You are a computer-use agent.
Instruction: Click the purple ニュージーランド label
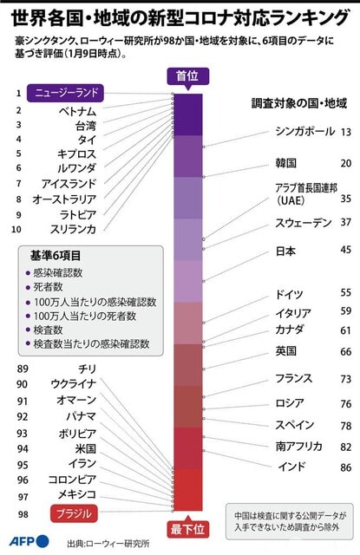click(65, 93)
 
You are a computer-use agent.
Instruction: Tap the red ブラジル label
click(74, 513)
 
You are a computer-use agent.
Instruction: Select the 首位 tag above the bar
click(187, 75)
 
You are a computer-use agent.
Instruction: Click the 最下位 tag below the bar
click(187, 530)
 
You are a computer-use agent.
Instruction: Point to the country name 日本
click(285, 251)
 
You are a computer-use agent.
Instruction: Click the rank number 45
click(346, 250)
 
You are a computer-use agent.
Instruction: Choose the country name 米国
click(86, 449)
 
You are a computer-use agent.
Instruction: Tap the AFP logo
click(29, 541)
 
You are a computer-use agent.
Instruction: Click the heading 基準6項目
click(56, 256)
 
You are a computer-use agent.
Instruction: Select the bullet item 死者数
click(48, 287)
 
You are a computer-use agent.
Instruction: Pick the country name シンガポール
click(305, 131)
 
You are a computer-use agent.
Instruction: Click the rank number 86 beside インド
click(346, 467)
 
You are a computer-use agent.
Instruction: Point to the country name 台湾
click(86, 126)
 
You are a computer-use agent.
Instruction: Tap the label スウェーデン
click(304, 223)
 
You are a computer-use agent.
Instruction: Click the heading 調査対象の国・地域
click(299, 103)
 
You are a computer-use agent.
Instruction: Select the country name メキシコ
click(77, 494)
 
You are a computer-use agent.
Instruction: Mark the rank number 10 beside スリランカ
click(16, 229)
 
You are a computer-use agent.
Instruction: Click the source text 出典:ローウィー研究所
click(108, 544)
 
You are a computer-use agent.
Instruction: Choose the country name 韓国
click(285, 163)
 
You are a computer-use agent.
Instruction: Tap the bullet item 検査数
click(48, 330)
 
